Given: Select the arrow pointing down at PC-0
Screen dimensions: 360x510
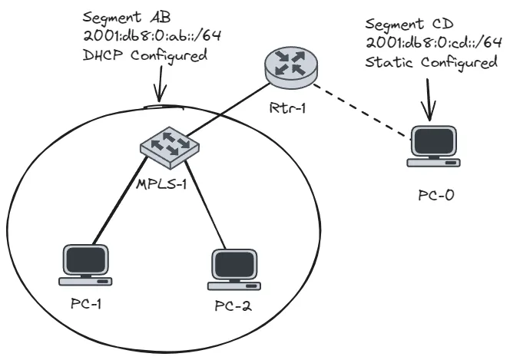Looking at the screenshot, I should click(428, 100).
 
